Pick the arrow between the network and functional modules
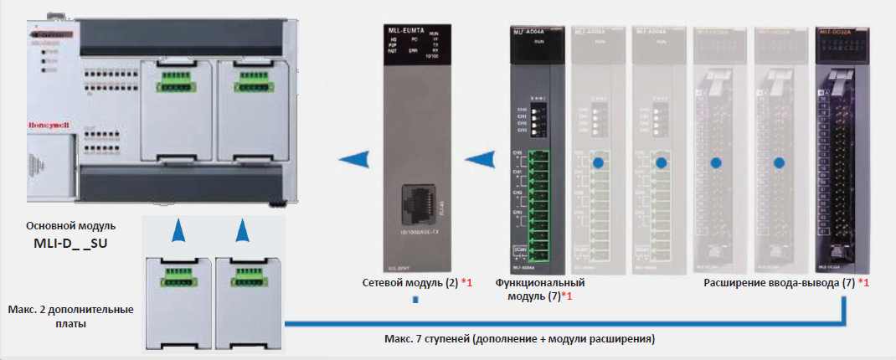(x=480, y=158)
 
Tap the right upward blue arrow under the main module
(x=242, y=232)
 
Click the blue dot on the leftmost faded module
(x=598, y=162)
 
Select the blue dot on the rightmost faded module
(x=780, y=162)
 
